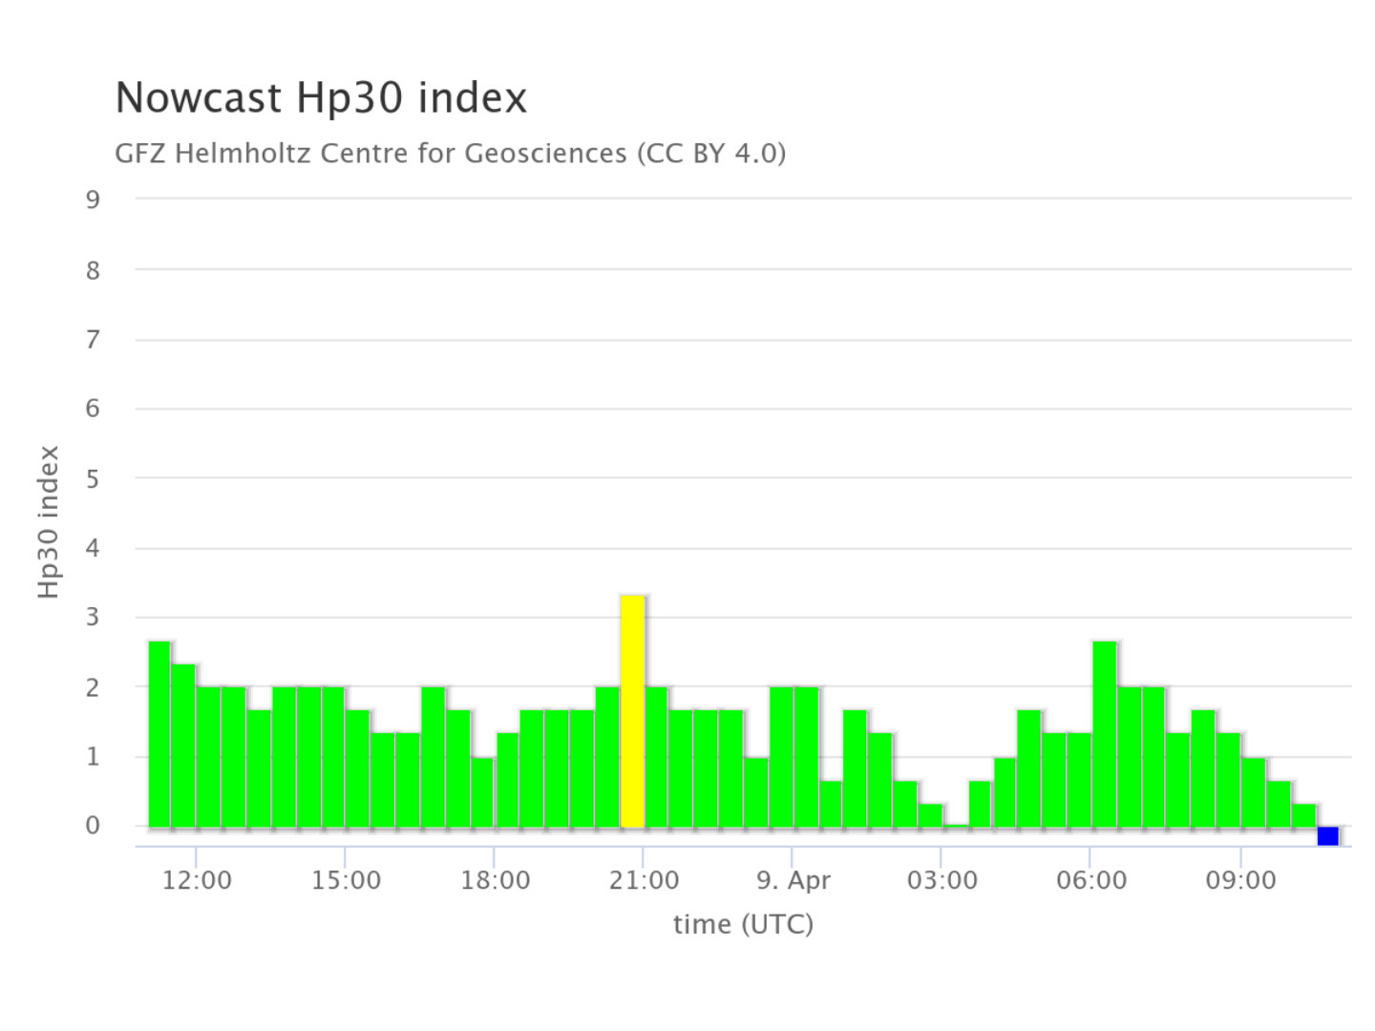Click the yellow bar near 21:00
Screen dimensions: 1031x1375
(632, 711)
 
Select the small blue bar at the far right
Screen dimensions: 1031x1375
(1327, 836)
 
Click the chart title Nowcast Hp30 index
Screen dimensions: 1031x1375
(321, 97)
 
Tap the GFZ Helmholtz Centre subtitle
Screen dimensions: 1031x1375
(450, 153)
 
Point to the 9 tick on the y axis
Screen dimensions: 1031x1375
(93, 200)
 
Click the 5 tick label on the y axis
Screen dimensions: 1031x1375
(93, 478)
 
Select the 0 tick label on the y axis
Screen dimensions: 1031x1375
(93, 826)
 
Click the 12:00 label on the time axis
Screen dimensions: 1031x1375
(197, 880)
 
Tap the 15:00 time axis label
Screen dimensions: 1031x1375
(346, 880)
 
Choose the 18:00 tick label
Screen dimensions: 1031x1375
(495, 880)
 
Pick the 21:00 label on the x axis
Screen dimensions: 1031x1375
(644, 880)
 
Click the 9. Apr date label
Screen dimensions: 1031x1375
(793, 880)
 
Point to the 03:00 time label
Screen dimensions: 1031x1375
(941, 880)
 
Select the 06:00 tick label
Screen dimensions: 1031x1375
(1090, 880)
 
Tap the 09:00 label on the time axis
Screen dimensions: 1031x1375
(1240, 880)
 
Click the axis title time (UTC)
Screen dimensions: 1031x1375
(743, 924)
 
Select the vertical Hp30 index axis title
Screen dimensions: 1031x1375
(49, 522)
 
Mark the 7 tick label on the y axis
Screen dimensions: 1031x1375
(93, 339)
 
